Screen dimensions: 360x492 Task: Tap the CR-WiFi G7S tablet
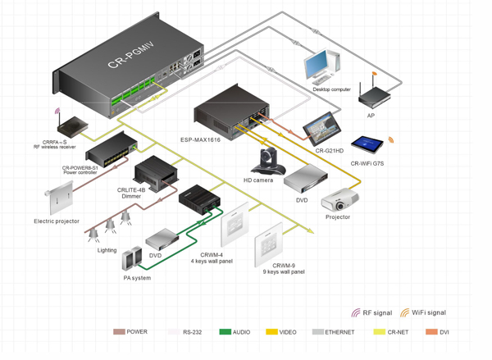[x=367, y=145]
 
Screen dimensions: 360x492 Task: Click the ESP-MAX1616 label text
[x=200, y=140]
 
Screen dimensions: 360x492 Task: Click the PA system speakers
[x=130, y=261]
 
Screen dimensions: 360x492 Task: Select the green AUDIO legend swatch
[x=225, y=332]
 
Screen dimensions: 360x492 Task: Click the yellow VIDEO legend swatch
[x=271, y=332]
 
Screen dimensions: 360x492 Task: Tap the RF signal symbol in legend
[x=356, y=312]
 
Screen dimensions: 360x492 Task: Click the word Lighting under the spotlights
[x=107, y=250]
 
